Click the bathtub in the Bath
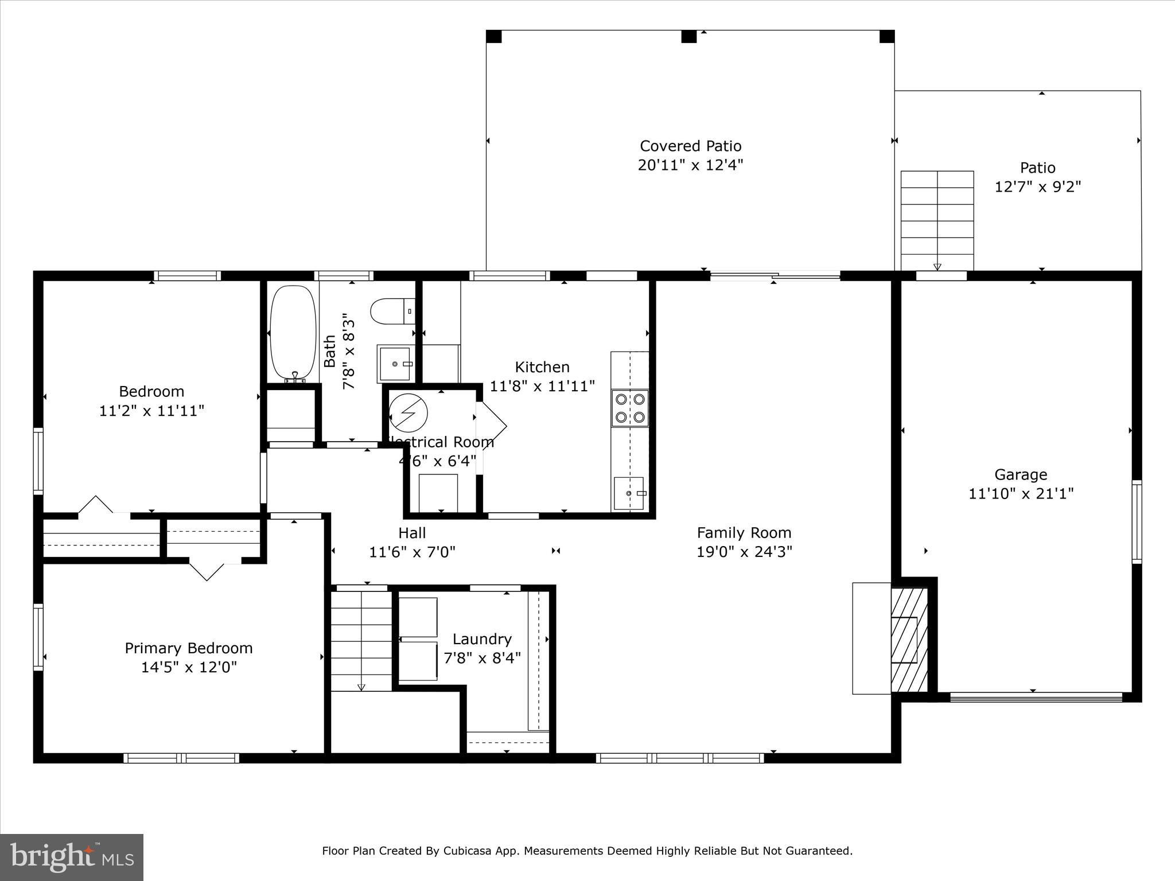click(x=293, y=333)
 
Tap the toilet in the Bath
click(x=392, y=311)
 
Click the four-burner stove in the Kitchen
click(x=630, y=408)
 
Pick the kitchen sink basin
click(x=629, y=493)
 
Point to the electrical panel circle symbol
click(x=408, y=412)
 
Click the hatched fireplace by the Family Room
click(x=909, y=640)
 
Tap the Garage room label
click(x=1021, y=474)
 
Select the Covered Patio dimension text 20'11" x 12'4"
click(x=690, y=165)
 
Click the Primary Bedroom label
click(x=189, y=648)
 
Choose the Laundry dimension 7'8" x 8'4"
click(x=482, y=657)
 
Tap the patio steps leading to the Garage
click(x=937, y=220)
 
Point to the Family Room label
click(x=744, y=533)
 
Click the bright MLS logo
click(x=72, y=857)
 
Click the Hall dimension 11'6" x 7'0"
click(x=412, y=552)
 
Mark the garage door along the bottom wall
click(x=1036, y=697)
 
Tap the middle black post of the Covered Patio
click(x=688, y=36)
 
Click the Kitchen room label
click(x=542, y=367)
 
